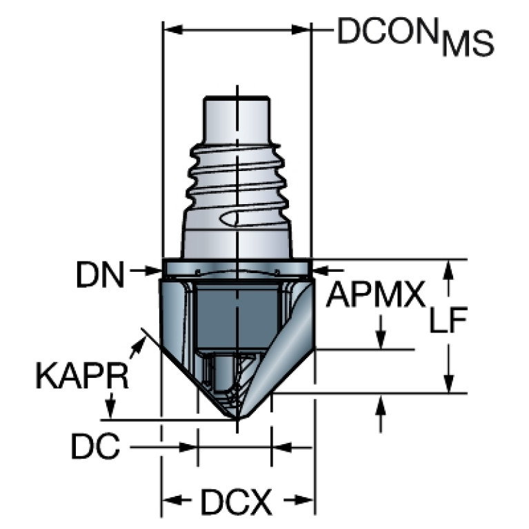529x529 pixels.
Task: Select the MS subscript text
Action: coord(468,43)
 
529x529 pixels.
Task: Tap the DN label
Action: coord(100,275)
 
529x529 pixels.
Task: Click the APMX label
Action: coord(375,295)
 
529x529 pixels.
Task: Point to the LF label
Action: coord(448,320)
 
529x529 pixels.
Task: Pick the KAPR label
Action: coord(82,376)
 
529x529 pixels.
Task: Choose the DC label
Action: coord(95,446)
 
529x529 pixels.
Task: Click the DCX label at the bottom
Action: coord(237,501)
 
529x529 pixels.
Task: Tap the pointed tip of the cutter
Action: coord(237,420)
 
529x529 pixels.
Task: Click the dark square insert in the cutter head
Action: coord(237,317)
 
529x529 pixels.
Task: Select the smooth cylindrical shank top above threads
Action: coord(237,120)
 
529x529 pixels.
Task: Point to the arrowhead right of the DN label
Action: coord(154,270)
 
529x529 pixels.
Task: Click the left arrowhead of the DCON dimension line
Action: coord(172,30)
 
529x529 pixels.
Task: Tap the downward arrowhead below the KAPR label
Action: coord(110,409)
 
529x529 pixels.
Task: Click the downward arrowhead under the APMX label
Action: coord(381,339)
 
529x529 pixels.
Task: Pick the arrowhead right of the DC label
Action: coord(188,448)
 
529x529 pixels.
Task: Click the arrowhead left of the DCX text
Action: coord(172,499)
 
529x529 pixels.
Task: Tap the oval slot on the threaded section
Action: coord(233,219)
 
